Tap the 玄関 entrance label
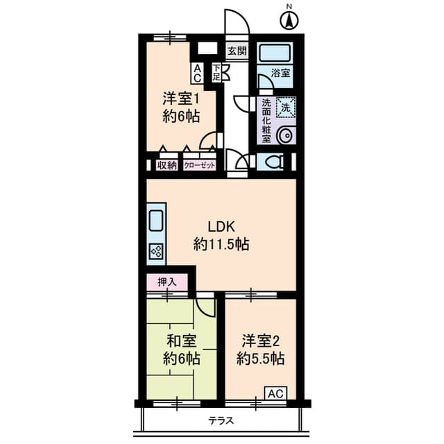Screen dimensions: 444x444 tap(237, 51)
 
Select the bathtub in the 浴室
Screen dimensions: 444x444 tap(274, 53)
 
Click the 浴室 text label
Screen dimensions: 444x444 tap(280, 73)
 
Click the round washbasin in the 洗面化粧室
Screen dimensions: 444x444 tap(285, 135)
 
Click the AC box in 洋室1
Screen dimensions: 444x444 tap(198, 73)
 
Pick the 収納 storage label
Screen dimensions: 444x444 tap(166, 165)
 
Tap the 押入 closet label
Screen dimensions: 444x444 tap(167, 282)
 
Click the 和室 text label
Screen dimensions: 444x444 tap(181, 341)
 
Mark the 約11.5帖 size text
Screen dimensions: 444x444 tap(222, 244)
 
